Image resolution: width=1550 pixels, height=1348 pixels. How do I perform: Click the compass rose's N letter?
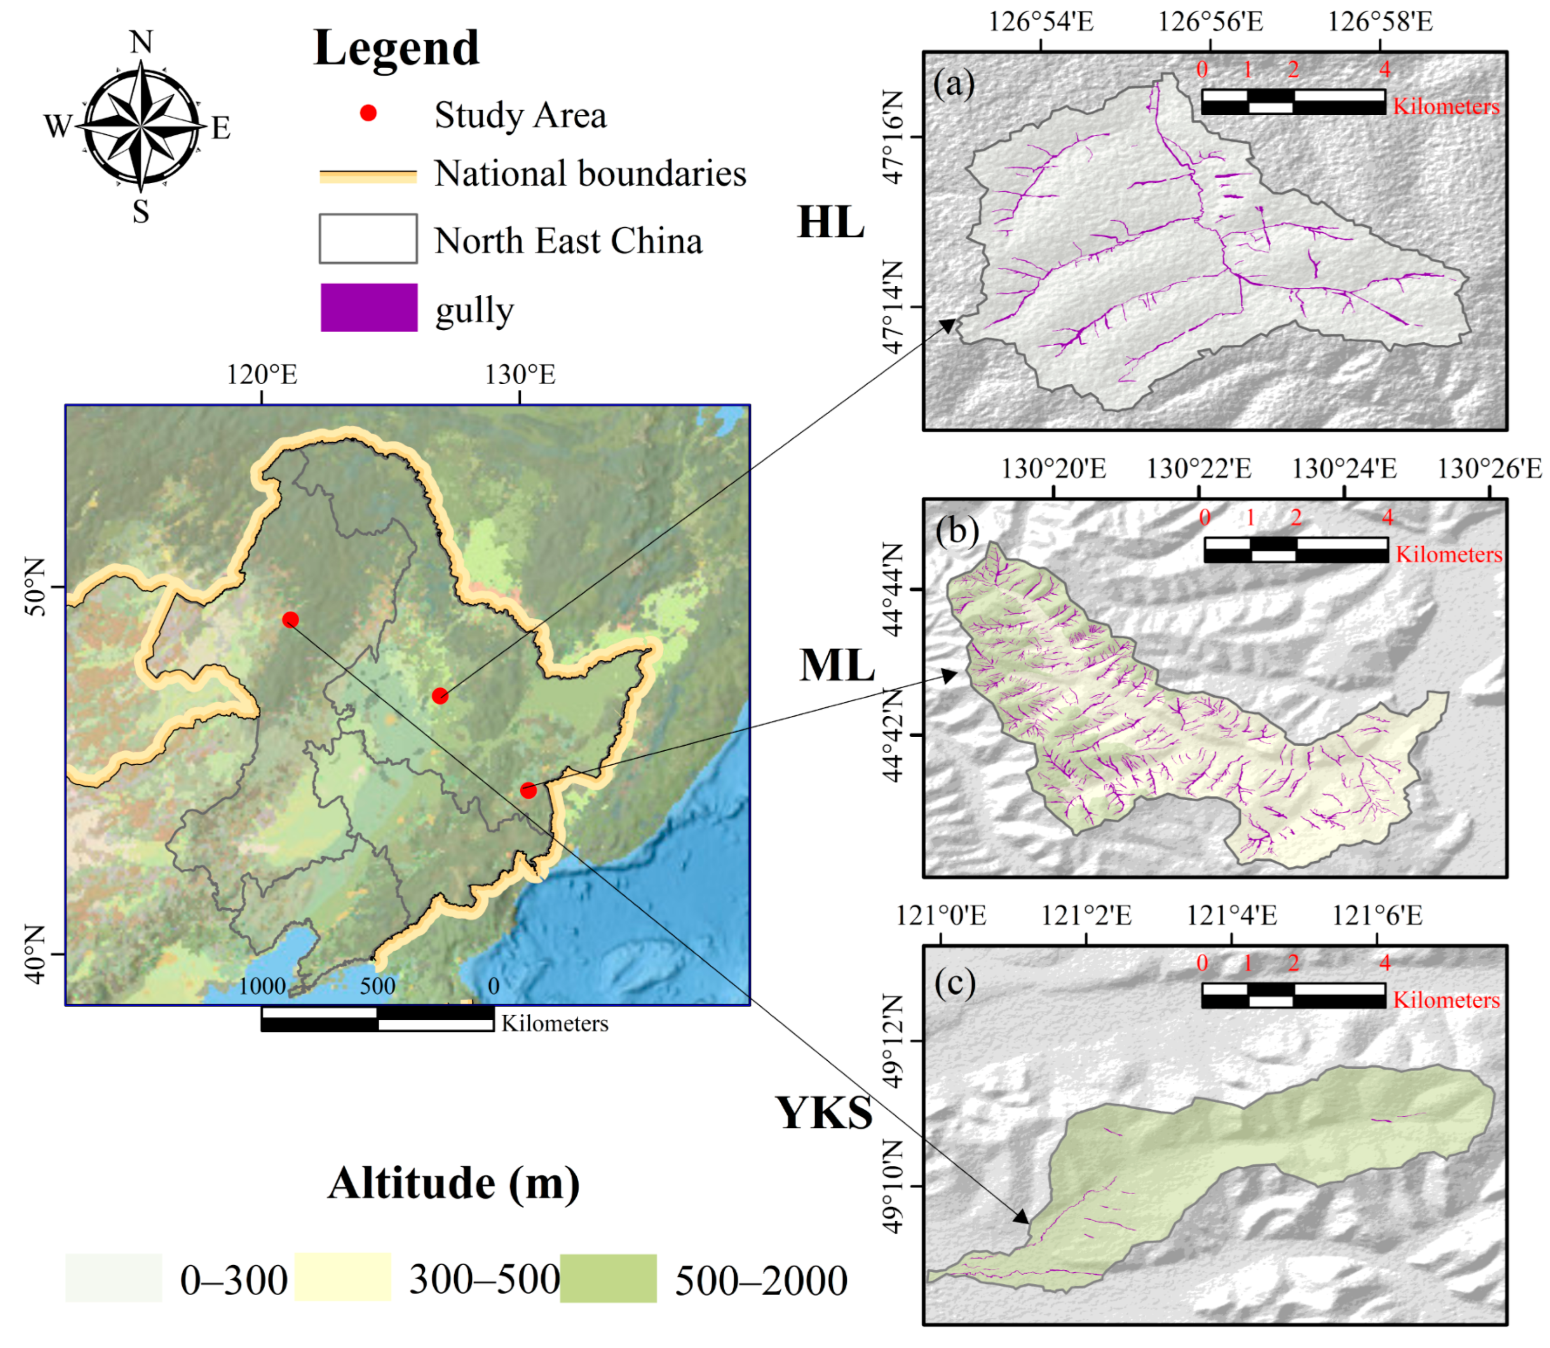click(141, 42)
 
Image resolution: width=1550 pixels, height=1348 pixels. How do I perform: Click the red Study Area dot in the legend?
click(368, 114)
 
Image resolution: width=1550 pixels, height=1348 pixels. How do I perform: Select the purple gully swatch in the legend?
click(369, 307)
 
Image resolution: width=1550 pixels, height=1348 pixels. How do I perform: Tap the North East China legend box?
click(368, 238)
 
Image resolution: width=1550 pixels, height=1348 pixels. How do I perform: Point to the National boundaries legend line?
click(368, 176)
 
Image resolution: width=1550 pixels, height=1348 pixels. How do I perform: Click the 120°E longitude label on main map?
click(262, 375)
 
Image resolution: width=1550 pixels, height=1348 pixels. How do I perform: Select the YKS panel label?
click(824, 1113)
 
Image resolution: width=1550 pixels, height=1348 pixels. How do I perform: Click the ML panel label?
click(837, 666)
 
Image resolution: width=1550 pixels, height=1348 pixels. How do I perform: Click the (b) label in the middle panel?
click(957, 531)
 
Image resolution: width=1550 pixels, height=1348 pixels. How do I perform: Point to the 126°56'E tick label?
click(1210, 22)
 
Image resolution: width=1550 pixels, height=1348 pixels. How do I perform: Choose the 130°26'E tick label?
click(1489, 469)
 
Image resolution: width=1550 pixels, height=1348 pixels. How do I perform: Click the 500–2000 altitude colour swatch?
click(608, 1278)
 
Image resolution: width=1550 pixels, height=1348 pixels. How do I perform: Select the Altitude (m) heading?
click(454, 1183)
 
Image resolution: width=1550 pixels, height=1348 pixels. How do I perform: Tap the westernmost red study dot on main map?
click(290, 620)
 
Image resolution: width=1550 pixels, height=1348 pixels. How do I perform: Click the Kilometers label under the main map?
click(555, 1024)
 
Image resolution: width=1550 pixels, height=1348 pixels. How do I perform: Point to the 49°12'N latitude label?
click(891, 1041)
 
